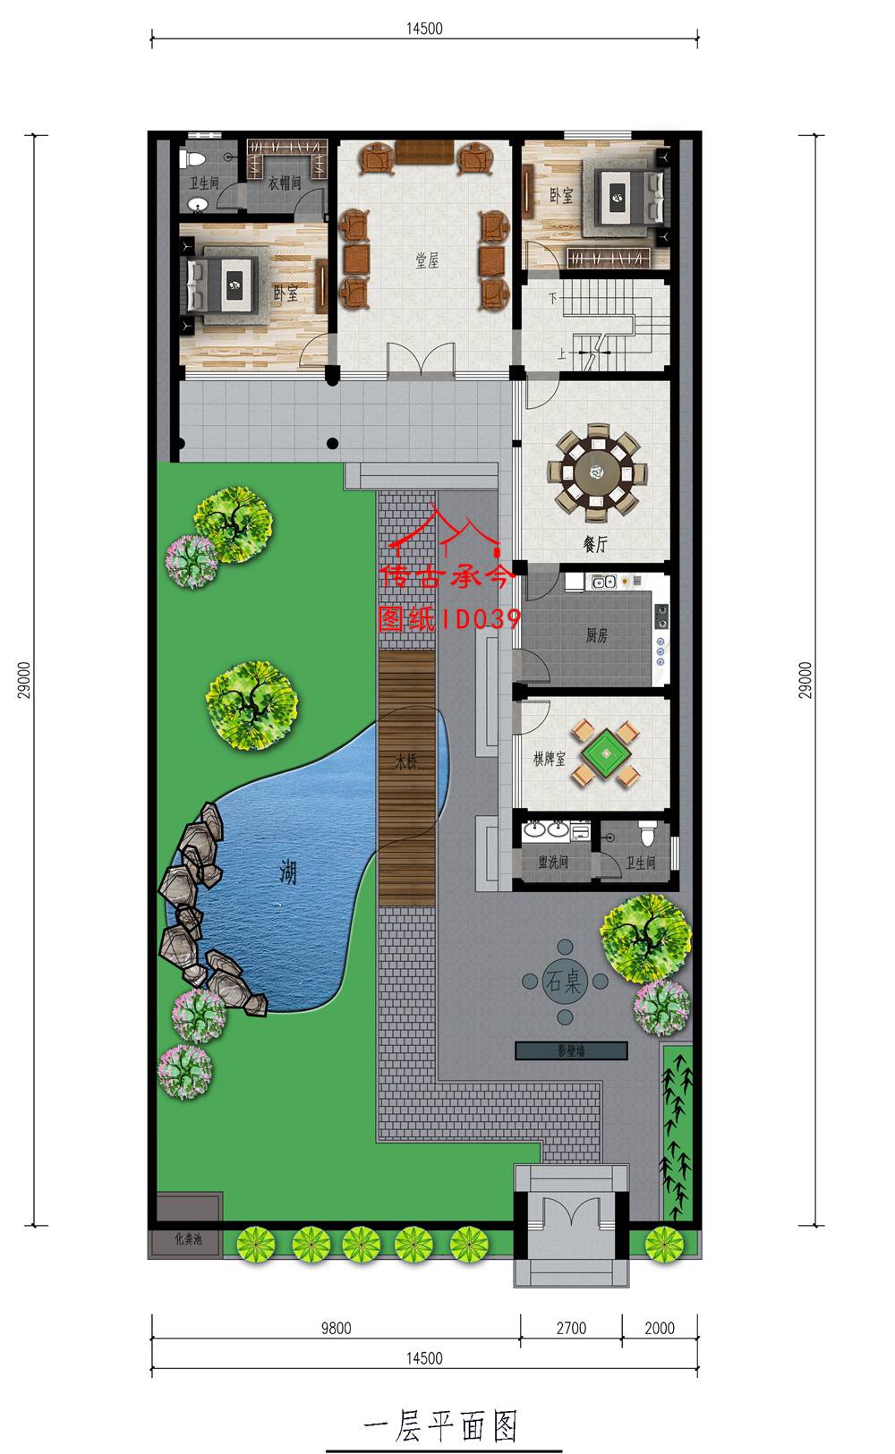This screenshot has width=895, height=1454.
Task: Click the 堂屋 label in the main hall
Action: [x=427, y=260]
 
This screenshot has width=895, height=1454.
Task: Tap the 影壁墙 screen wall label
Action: [x=569, y=1051]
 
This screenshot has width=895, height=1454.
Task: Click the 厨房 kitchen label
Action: [x=596, y=636]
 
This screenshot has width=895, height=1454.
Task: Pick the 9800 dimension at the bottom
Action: [x=336, y=1328]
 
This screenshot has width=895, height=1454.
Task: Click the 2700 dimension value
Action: [x=571, y=1328]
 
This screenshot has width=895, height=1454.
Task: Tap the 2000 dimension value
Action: [x=660, y=1328]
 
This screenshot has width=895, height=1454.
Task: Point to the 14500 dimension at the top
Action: [x=424, y=28]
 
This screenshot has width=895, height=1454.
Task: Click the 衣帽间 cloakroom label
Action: [x=285, y=183]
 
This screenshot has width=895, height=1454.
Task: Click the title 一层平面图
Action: [x=442, y=1425]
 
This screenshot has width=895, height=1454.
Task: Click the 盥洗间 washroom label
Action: [x=552, y=863]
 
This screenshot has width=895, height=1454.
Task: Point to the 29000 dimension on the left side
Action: [x=26, y=680]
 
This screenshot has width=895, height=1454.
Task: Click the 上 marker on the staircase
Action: [x=561, y=353]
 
